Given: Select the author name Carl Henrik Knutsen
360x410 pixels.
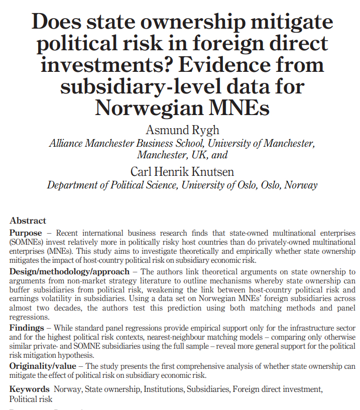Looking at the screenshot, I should coord(182,172).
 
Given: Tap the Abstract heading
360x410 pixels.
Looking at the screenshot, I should coord(28,221).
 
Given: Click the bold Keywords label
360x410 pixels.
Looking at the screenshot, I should coord(29,389).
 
